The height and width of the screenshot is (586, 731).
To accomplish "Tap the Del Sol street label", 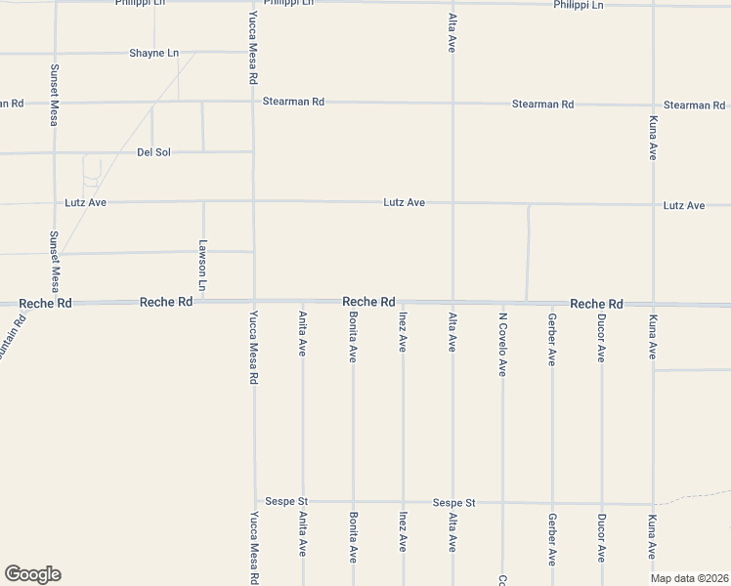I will [154, 152].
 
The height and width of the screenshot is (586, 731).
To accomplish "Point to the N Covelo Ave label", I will [502, 345].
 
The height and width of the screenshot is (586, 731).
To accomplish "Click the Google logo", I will [32, 574].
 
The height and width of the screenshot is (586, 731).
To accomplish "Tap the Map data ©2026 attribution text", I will [689, 578].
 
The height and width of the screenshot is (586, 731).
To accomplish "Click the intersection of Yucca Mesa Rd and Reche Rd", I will [254, 302].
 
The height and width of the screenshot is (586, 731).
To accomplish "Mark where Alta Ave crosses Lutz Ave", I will [452, 203].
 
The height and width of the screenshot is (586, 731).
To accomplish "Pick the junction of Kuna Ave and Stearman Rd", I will [653, 105].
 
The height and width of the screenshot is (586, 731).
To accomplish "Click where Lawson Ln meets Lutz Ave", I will [203, 202].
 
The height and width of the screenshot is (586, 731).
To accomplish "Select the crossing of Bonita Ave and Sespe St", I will [354, 503].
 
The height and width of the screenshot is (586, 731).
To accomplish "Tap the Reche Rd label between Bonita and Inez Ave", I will [368, 303].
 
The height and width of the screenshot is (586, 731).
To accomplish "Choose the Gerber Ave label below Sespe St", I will [552, 537].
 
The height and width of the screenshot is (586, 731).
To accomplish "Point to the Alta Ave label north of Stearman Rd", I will [451, 33].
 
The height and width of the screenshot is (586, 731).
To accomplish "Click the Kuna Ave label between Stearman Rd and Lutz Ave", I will [653, 138].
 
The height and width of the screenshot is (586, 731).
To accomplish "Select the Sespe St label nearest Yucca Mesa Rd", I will [286, 501].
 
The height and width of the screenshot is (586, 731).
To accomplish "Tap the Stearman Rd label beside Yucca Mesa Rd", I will [292, 101].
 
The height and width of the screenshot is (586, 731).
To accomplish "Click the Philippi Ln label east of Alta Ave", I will [579, 5].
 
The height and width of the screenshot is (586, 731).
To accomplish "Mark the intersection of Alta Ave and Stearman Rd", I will [452, 103].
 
